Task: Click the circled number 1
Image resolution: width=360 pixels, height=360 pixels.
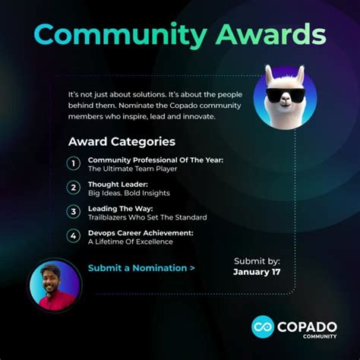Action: [74, 163]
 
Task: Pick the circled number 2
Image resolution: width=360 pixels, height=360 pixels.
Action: [74, 187]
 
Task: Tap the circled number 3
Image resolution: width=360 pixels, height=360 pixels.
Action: [74, 212]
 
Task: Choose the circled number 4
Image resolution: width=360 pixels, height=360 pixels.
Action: [74, 236]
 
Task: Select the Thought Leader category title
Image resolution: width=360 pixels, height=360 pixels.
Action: [118, 184]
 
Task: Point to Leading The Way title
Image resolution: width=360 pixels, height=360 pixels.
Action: [121, 208]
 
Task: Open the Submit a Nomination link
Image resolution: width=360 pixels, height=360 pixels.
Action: [141, 268]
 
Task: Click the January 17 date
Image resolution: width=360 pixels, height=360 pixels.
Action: [256, 272]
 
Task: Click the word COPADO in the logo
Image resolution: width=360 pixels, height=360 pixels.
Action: [311, 324]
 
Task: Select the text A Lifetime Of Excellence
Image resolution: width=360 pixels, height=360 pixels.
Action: [130, 242]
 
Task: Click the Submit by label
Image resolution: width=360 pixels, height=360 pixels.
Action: [256, 261]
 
